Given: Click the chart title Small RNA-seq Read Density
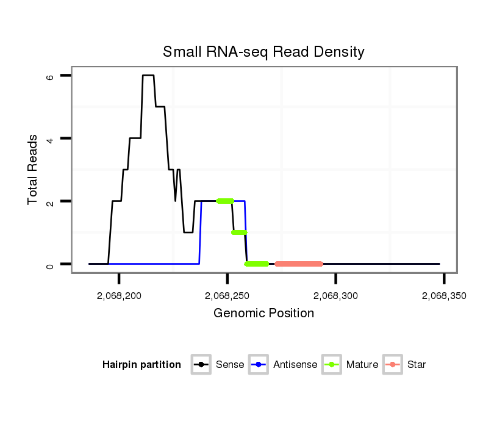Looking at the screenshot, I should point(263,52).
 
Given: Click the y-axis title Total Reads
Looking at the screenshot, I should point(34,170).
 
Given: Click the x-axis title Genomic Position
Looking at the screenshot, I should point(263,314).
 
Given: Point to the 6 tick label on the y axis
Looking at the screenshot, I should point(50,77).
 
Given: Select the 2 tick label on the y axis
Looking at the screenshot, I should point(50,201).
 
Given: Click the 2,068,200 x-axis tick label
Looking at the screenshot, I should point(119,296).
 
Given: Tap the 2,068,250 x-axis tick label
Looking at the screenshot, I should point(227,296).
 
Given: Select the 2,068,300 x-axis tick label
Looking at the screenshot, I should point(336,296).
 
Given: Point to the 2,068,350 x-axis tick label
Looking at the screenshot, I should point(444,296).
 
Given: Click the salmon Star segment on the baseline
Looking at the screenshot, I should point(299,264).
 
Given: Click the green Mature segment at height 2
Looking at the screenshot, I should point(225,201).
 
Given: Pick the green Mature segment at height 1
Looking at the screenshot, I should point(239,232).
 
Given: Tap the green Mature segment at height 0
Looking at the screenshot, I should point(257,264).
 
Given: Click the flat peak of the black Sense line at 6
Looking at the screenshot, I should point(148,75).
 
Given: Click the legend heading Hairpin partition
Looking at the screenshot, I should point(141,365).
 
